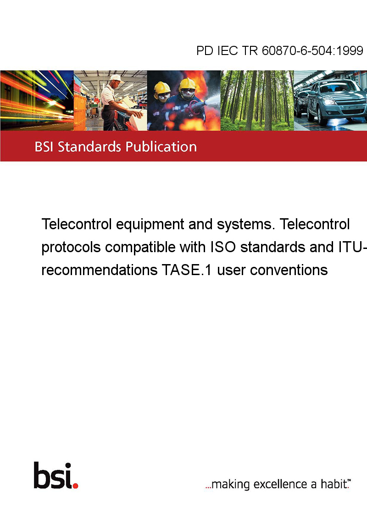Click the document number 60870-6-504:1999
click(312, 50)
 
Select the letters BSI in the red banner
click(44, 147)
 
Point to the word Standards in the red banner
click(89, 147)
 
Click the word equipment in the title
click(150, 225)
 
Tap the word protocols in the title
click(71, 248)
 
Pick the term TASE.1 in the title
click(186, 270)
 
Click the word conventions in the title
click(289, 270)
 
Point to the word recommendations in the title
click(100, 270)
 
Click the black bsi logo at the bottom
click(53, 475)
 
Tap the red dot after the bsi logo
click(75, 486)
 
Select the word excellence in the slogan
click(280, 484)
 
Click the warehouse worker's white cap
click(116, 78)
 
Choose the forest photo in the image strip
click(257, 100)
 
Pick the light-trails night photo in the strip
click(37, 100)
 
